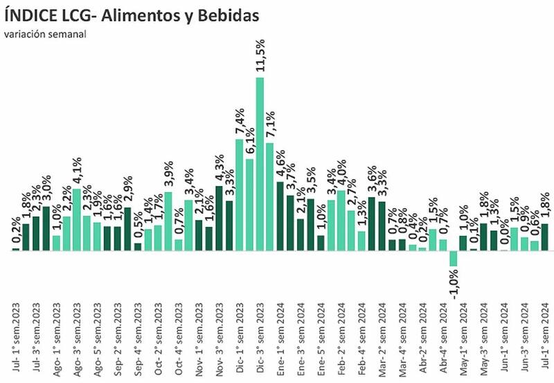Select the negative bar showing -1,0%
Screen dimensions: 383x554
[454, 258]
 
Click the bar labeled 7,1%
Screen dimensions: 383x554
[270, 197]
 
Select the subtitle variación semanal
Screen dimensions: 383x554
[45, 35]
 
